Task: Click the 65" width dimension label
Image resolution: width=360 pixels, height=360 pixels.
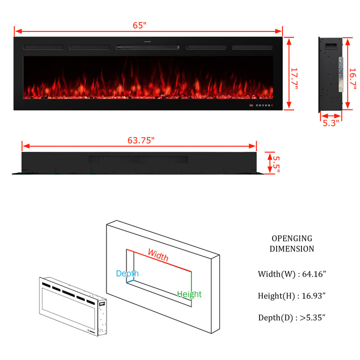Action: (x=139, y=25)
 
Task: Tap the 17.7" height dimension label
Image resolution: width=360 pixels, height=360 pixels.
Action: (x=294, y=78)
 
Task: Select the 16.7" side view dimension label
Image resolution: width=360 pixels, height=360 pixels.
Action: (x=352, y=78)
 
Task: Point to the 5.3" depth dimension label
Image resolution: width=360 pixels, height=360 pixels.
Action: (x=330, y=123)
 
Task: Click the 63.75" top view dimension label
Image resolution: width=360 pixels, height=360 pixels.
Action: (x=140, y=140)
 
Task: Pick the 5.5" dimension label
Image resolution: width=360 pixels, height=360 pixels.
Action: (x=276, y=164)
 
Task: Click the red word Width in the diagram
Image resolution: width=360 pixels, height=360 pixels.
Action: (x=158, y=255)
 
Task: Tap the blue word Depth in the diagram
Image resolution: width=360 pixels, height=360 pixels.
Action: (x=127, y=273)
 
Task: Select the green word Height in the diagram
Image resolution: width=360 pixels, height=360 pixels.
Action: (x=189, y=294)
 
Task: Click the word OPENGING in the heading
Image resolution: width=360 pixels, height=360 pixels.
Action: (x=292, y=238)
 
